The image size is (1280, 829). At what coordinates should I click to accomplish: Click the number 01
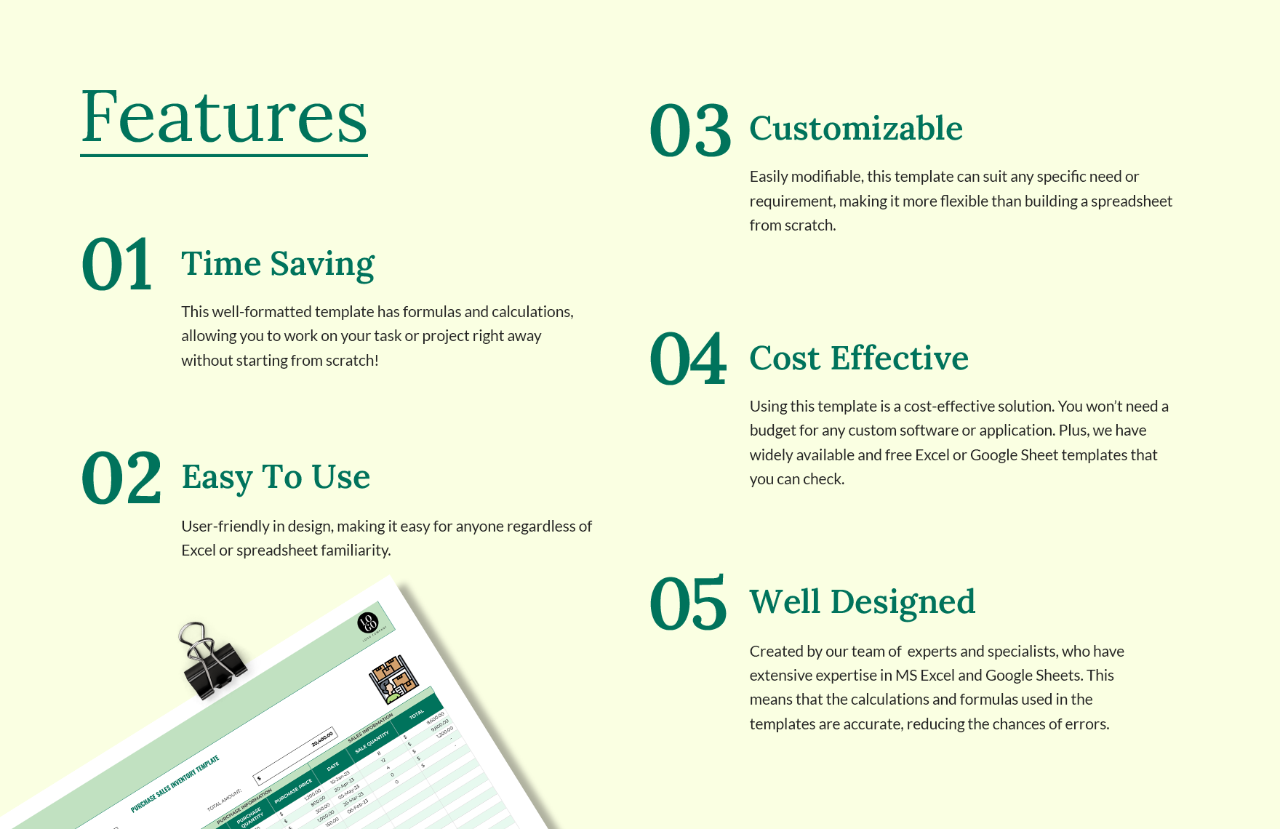pyautogui.click(x=117, y=265)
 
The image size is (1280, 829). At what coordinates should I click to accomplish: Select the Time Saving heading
pyautogui.click(x=278, y=263)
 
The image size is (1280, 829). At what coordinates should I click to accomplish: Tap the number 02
pyautogui.click(x=121, y=478)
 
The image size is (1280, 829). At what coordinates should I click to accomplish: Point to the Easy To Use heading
pyautogui.click(x=276, y=477)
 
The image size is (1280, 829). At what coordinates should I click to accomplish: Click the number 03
pyautogui.click(x=690, y=131)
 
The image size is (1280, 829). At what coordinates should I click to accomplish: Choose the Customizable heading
pyautogui.click(x=856, y=129)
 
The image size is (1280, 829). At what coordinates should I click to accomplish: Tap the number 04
pyautogui.click(x=688, y=359)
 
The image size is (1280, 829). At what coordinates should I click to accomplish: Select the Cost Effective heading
pyautogui.click(x=859, y=359)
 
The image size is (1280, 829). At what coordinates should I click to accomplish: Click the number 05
pyautogui.click(x=688, y=603)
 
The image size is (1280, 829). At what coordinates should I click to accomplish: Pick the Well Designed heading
pyautogui.click(x=863, y=602)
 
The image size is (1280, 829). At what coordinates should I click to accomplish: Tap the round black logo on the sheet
pyautogui.click(x=368, y=623)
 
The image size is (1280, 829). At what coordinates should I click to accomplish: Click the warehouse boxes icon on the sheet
pyautogui.click(x=393, y=679)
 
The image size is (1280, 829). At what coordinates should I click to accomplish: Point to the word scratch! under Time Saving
pyautogui.click(x=352, y=361)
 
